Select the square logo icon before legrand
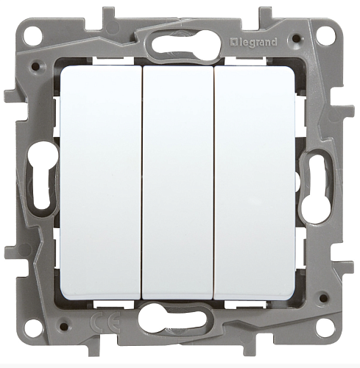233,43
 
